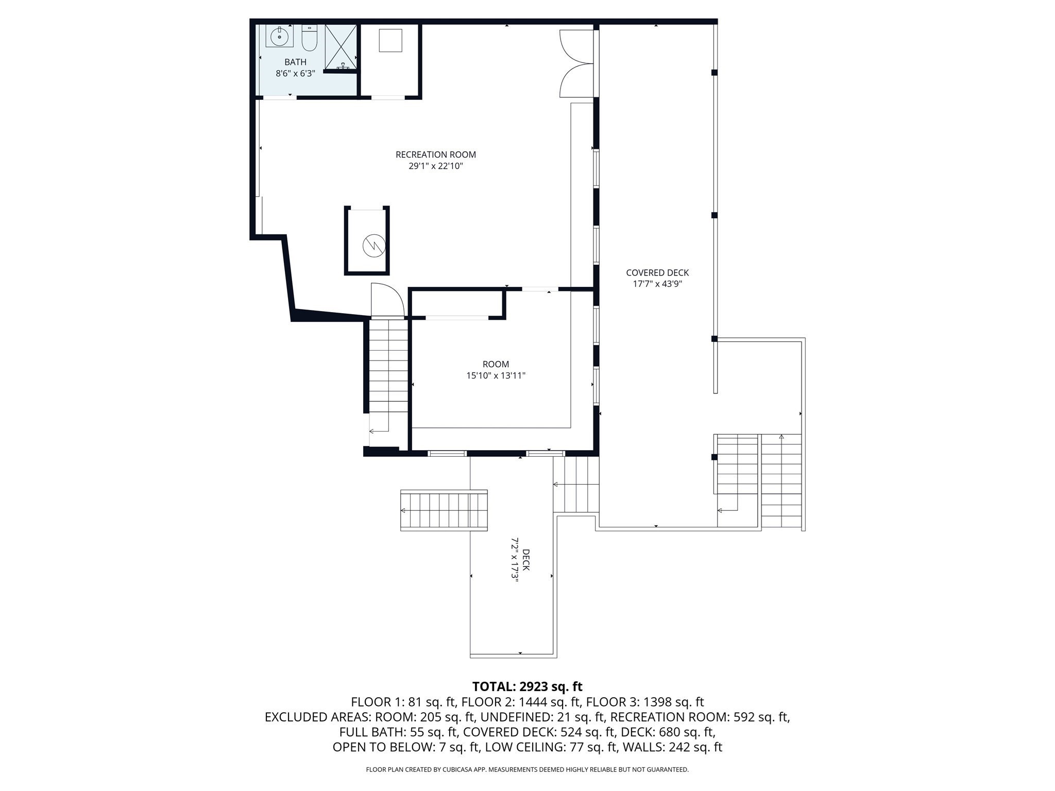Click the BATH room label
coord(295,62)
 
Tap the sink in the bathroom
coord(280,36)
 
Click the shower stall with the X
coord(341,46)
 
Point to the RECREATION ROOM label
coord(436,154)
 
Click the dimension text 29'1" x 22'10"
coord(436,166)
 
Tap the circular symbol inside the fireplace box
coord(373,246)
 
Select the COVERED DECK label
coord(657,273)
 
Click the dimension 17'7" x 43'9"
coord(657,284)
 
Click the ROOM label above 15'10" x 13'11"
coord(496,364)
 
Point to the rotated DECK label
coord(525,560)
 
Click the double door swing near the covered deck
coord(576,64)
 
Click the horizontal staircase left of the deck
coord(444,510)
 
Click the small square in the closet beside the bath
coord(390,40)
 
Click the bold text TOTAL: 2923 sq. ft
coord(527,686)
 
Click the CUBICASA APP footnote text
coord(527,770)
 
